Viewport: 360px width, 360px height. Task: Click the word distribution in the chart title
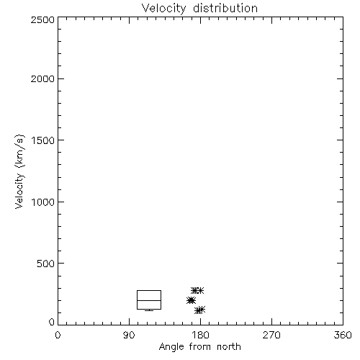click(x=225, y=9)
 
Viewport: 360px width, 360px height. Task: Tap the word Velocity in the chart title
click(x=164, y=9)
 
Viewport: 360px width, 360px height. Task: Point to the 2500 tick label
click(x=43, y=19)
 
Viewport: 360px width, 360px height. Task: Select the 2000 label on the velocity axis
click(x=43, y=78)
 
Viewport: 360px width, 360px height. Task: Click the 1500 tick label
click(x=43, y=140)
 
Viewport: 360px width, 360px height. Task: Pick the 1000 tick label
click(x=43, y=202)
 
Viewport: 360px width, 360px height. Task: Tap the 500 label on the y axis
click(x=46, y=264)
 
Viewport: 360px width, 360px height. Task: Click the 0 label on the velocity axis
click(x=52, y=322)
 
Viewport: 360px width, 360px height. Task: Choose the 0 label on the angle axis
click(x=58, y=335)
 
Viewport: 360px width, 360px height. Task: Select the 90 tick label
click(x=129, y=335)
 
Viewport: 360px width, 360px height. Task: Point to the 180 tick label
click(x=200, y=335)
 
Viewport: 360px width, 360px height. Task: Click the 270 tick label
click(x=271, y=335)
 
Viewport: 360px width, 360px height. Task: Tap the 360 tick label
click(x=343, y=335)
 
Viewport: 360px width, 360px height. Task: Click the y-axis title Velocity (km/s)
click(x=19, y=172)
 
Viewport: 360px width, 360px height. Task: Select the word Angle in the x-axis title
click(x=172, y=347)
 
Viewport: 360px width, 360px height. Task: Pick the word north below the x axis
click(x=229, y=347)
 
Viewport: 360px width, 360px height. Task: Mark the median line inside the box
click(x=149, y=300)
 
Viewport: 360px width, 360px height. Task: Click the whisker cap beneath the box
click(x=149, y=311)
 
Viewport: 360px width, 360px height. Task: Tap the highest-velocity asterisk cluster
click(x=197, y=290)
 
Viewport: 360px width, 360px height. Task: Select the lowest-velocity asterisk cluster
click(x=199, y=310)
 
